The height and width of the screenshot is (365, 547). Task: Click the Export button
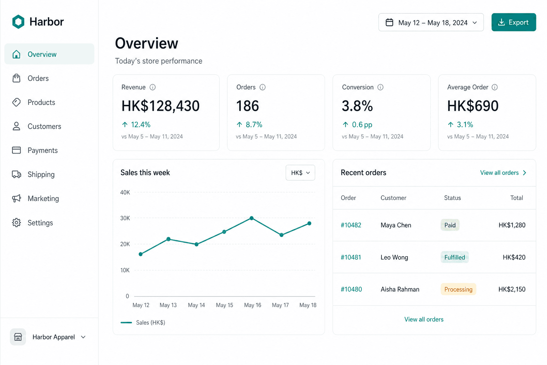tap(514, 22)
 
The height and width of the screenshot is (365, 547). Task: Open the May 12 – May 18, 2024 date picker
tap(431, 22)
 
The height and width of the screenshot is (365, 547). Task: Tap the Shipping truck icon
tap(17, 174)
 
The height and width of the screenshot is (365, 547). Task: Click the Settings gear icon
tap(17, 222)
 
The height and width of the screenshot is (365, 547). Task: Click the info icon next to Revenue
tap(153, 87)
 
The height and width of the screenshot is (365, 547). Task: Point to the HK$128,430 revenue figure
tap(161, 106)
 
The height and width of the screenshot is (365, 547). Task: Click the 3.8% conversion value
tap(357, 106)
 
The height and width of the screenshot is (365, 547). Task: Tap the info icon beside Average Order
tap(495, 87)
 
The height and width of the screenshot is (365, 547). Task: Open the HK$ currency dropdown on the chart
tap(300, 173)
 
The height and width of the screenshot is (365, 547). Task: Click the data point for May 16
tap(251, 218)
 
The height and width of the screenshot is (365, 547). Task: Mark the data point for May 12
tap(141, 254)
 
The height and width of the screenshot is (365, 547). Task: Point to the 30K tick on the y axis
tap(125, 218)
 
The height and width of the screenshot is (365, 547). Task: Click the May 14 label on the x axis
tap(196, 305)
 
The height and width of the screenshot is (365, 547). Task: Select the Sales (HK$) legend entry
tap(143, 323)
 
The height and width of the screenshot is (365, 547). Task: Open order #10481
tap(351, 257)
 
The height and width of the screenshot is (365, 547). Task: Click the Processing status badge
tap(458, 289)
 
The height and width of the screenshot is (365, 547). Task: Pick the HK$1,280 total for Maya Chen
tap(512, 225)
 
